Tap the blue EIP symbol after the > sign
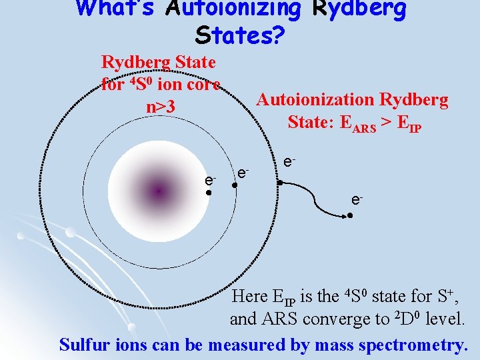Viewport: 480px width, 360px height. (x=409, y=123)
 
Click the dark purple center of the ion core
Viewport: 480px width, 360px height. (x=158, y=192)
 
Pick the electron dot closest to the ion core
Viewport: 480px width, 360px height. (x=209, y=193)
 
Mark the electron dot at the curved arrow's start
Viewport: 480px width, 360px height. (x=281, y=181)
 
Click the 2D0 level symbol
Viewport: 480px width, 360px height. (x=401, y=319)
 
